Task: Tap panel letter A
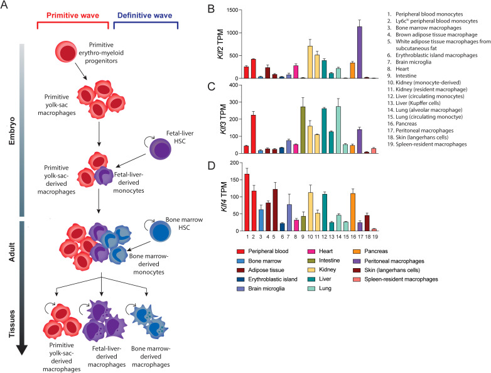coord(6,6)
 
